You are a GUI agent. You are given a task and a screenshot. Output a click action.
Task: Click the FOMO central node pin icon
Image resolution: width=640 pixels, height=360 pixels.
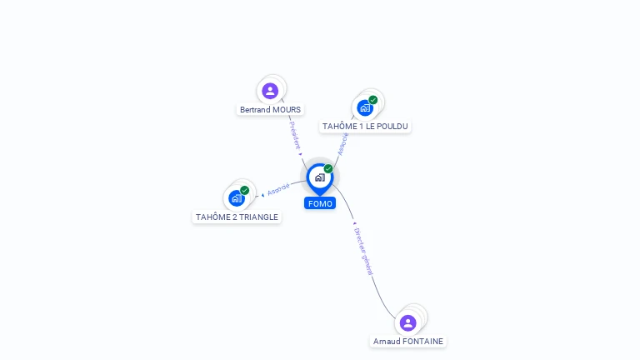(319, 177)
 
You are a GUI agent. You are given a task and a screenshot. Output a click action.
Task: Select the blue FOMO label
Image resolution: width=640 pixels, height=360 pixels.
(320, 203)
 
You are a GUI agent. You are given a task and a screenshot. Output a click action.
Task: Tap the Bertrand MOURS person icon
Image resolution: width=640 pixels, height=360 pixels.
(270, 91)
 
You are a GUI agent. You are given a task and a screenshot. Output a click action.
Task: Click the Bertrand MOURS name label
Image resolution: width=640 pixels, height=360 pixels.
(270, 109)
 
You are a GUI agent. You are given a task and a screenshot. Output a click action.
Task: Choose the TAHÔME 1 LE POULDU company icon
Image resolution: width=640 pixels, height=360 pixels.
(365, 107)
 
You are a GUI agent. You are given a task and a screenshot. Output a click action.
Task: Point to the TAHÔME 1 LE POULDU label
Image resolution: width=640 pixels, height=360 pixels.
(366, 126)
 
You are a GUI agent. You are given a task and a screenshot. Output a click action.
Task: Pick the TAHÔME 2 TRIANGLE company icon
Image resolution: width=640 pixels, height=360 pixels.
(237, 198)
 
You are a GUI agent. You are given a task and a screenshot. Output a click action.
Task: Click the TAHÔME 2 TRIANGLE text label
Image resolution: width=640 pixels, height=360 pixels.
(237, 217)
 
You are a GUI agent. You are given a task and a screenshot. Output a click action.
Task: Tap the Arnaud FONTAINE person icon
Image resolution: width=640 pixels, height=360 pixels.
(407, 322)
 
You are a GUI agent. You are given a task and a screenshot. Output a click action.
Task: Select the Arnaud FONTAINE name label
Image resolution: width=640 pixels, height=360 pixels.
(408, 341)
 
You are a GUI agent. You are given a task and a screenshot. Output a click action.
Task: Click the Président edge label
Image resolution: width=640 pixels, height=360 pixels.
(294, 134)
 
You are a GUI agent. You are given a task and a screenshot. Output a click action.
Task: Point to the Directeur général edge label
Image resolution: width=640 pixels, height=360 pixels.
(362, 251)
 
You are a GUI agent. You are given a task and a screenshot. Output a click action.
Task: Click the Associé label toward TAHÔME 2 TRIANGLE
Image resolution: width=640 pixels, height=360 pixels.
(278, 189)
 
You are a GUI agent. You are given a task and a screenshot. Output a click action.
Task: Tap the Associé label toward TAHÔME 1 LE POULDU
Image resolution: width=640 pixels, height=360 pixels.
(342, 143)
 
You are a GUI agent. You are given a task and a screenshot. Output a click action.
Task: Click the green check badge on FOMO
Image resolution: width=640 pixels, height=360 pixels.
(328, 169)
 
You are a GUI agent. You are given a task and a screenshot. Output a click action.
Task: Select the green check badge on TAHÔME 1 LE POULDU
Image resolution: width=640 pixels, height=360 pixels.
(373, 100)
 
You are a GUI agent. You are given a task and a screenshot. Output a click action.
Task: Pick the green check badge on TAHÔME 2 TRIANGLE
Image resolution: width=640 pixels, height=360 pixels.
(245, 190)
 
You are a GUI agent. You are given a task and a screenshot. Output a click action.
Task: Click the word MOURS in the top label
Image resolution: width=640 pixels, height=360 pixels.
(286, 109)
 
